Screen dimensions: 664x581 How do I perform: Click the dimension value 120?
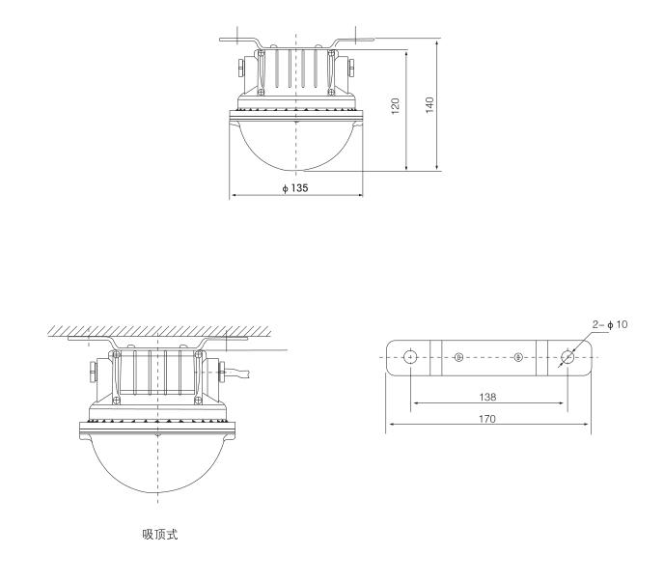click(x=395, y=106)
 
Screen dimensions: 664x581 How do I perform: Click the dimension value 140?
click(x=429, y=104)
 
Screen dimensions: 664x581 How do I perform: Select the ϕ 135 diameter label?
click(x=295, y=187)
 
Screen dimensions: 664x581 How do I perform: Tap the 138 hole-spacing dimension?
click(x=487, y=398)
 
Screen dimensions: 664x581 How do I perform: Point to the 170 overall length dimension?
click(x=487, y=419)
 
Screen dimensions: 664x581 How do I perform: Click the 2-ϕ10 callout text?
click(x=610, y=325)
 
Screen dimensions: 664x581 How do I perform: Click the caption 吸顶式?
click(x=160, y=535)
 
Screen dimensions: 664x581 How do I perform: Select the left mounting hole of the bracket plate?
click(x=410, y=357)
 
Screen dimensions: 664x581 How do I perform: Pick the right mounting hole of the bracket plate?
click(x=567, y=357)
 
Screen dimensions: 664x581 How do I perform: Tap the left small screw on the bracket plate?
click(x=458, y=357)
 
